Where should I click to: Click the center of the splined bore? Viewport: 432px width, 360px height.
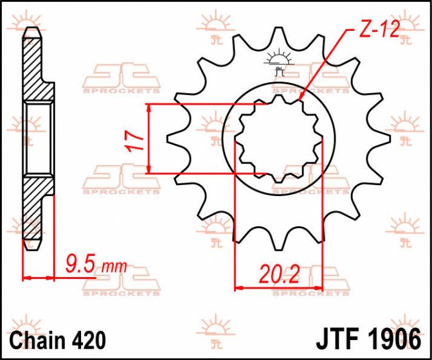click(278, 138)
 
